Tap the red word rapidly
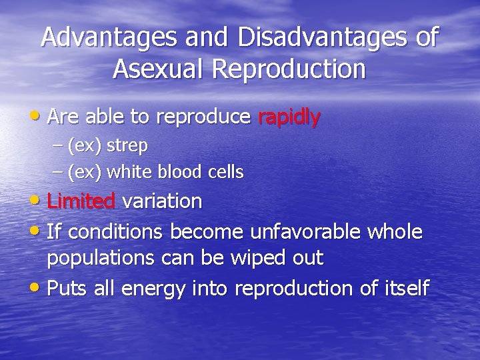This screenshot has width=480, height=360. pyautogui.click(x=289, y=117)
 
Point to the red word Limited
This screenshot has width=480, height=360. pyautogui.click(x=81, y=201)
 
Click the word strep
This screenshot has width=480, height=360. pyautogui.click(x=127, y=145)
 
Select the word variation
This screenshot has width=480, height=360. pyautogui.click(x=162, y=201)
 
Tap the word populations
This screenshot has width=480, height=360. pyautogui.click(x=101, y=259)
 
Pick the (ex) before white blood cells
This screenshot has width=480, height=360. pyautogui.click(x=85, y=172)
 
